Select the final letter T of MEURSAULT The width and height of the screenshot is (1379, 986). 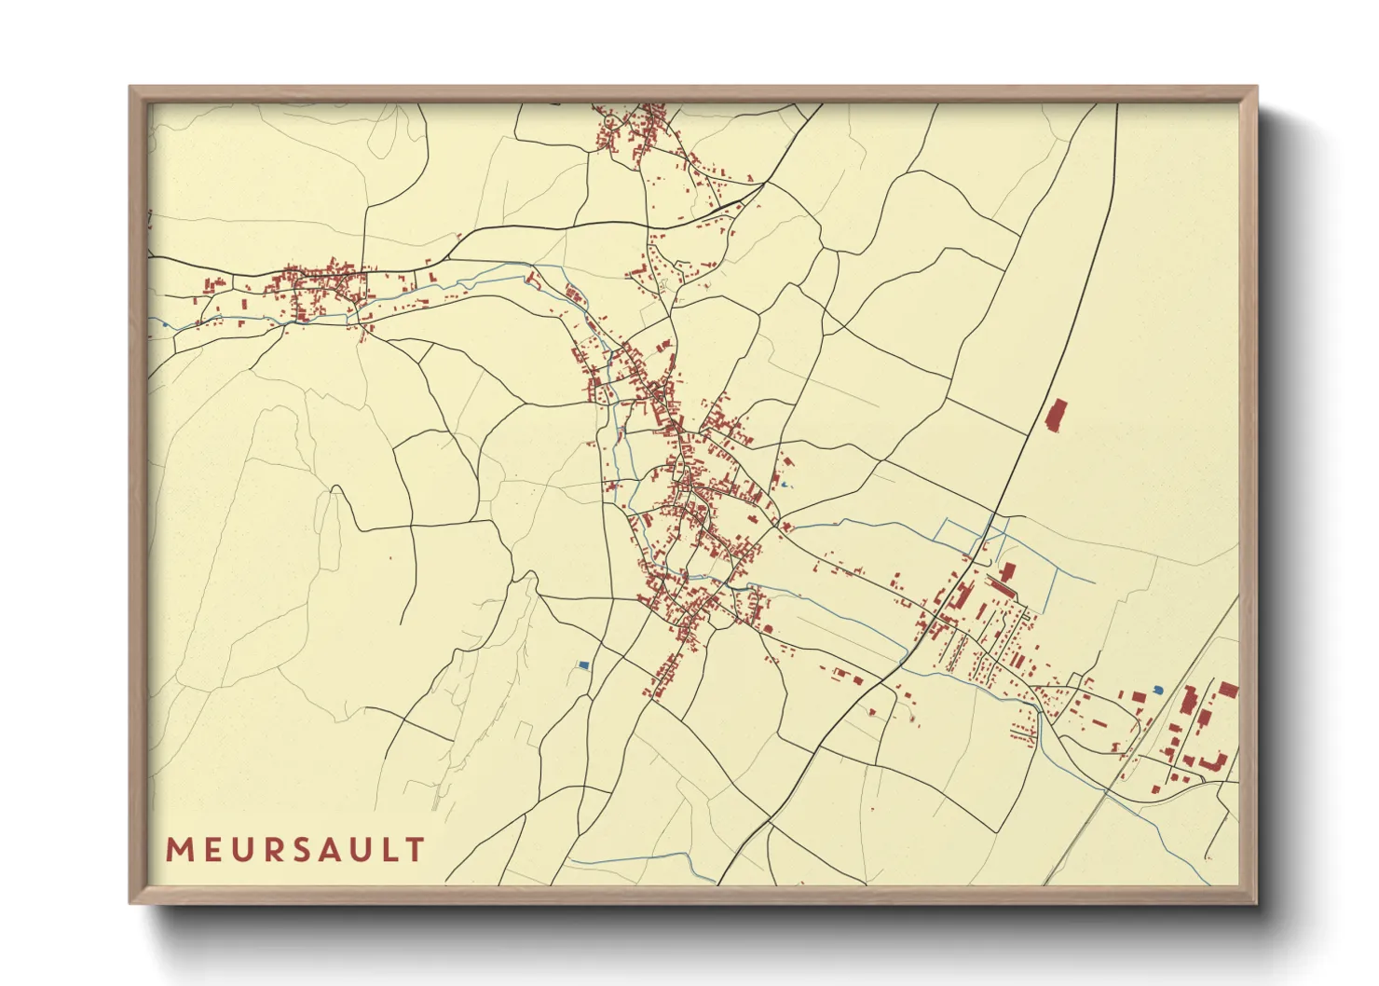click(416, 850)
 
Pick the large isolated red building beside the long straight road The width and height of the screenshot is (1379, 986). click(1057, 416)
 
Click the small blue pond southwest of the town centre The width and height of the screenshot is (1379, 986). click(583, 665)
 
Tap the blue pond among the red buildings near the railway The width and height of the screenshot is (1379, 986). click(1158, 690)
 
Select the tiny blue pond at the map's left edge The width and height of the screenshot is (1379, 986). click(164, 324)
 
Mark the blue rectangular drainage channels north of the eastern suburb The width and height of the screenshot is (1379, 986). click(969, 536)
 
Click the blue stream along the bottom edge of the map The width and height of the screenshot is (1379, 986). click(643, 859)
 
